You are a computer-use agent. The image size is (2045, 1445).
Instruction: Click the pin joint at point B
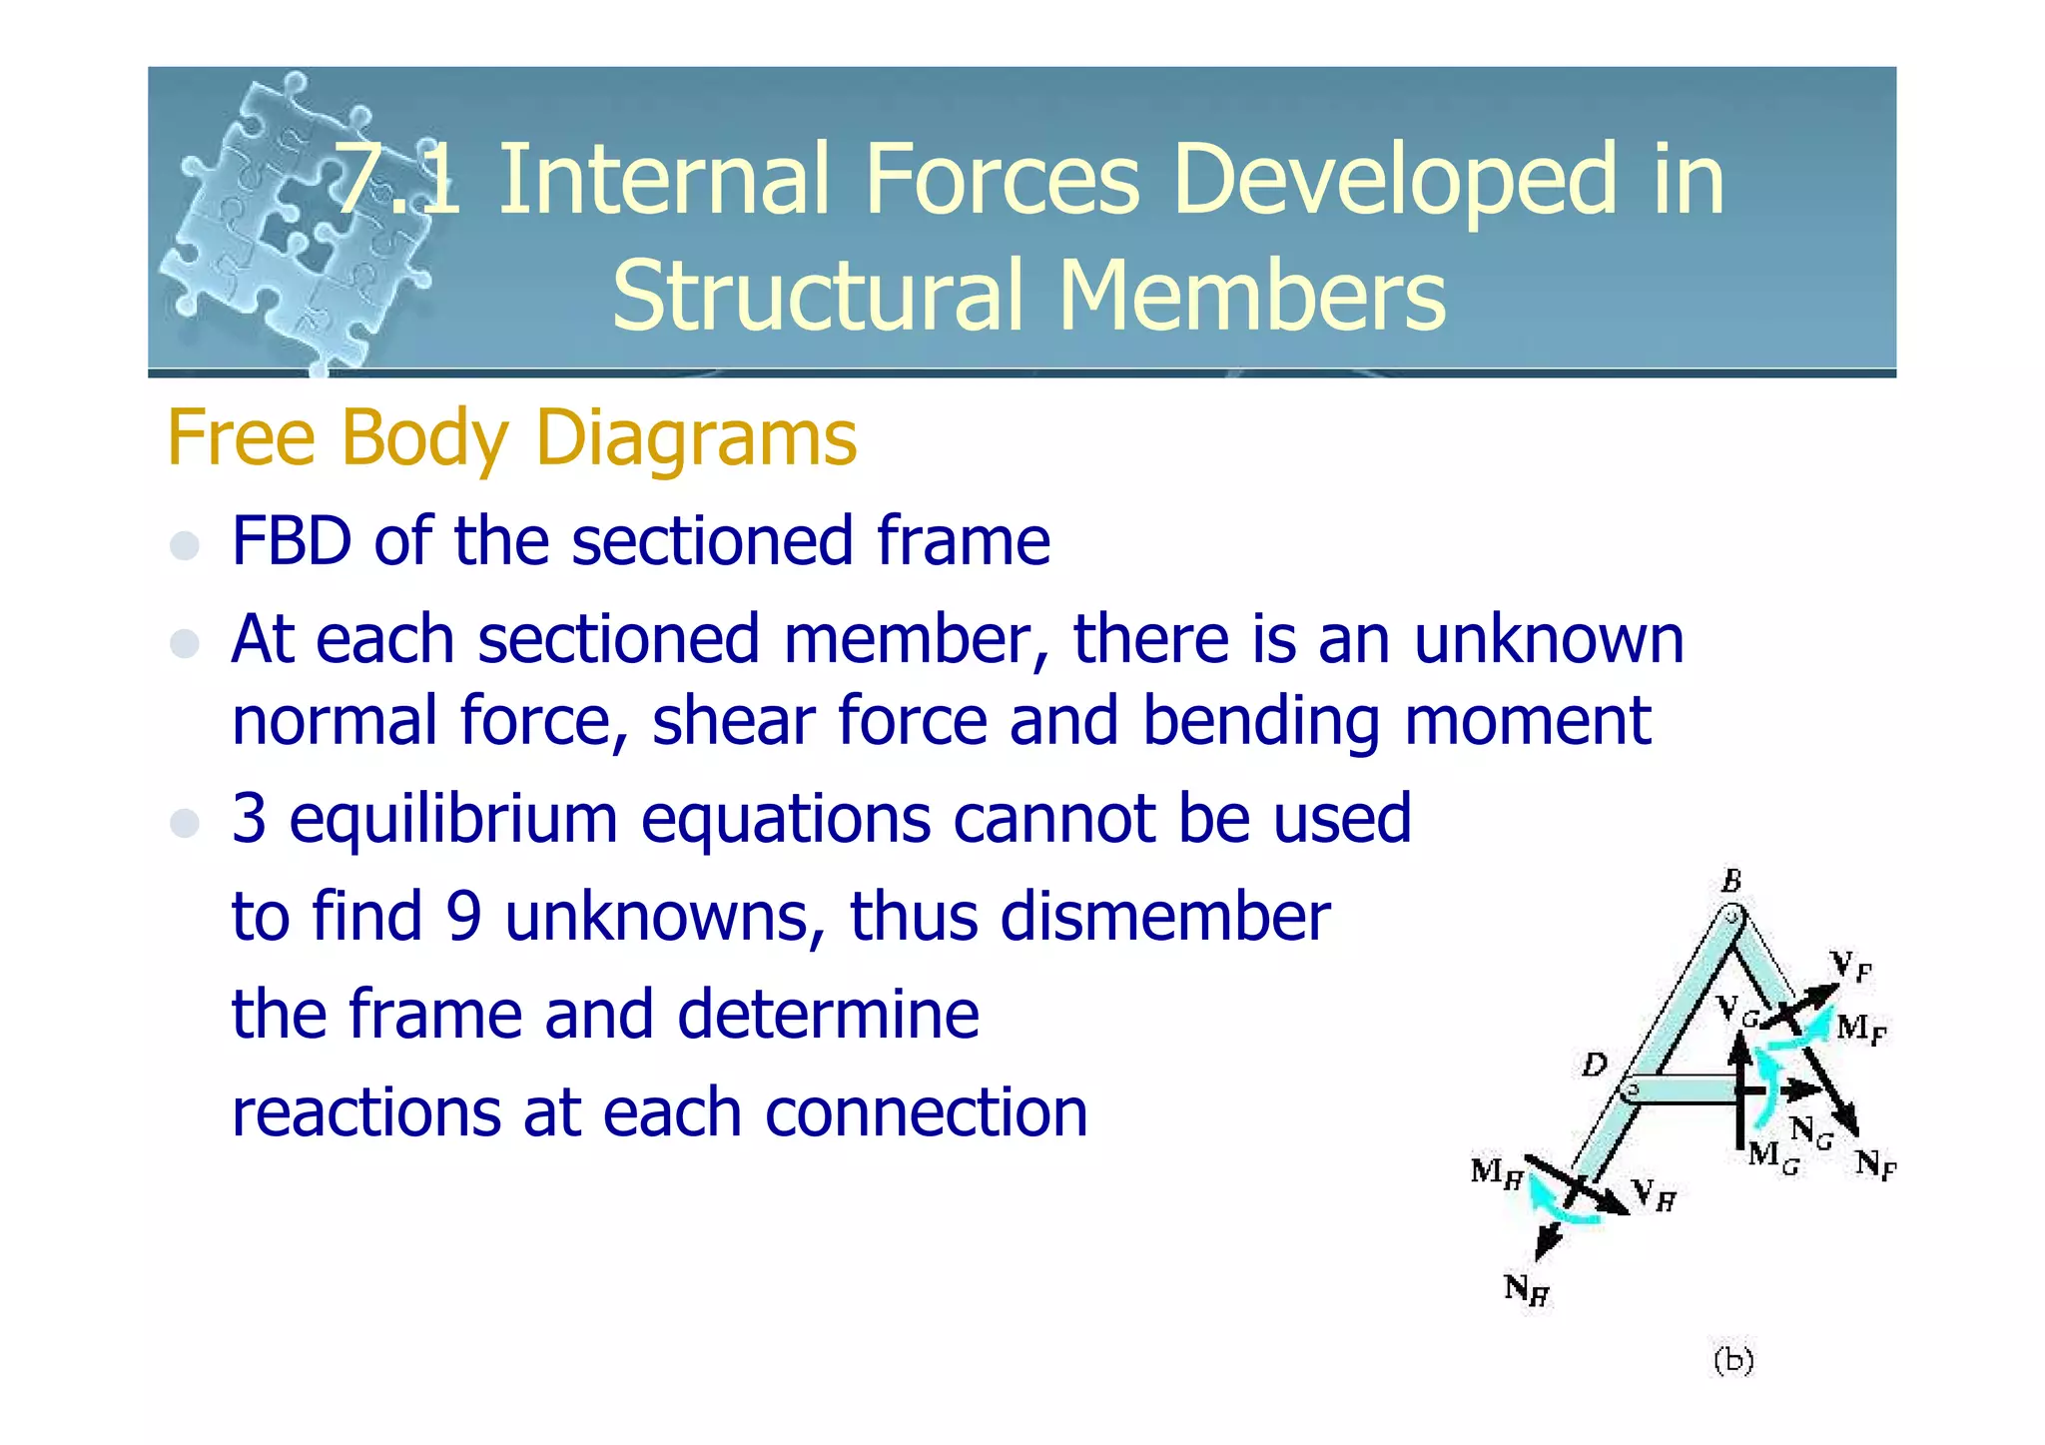click(x=1732, y=915)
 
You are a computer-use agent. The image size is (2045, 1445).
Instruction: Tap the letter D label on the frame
click(x=1595, y=1066)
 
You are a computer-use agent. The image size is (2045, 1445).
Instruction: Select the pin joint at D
click(x=1631, y=1089)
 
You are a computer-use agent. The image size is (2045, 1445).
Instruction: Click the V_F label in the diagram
click(x=1850, y=966)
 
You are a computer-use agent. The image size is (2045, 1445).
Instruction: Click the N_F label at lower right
click(x=1875, y=1164)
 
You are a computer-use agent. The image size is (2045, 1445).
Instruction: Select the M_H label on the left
click(x=1496, y=1172)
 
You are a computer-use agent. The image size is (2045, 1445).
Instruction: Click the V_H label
click(x=1654, y=1194)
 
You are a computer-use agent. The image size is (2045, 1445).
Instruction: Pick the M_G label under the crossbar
click(x=1773, y=1157)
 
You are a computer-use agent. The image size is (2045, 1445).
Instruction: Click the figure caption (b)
click(x=1733, y=1360)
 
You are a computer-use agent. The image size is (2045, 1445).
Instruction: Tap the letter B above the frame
click(x=1731, y=881)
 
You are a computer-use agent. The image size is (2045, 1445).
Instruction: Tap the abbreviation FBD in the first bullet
click(x=292, y=541)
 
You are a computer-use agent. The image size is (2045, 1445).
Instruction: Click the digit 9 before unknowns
click(x=463, y=917)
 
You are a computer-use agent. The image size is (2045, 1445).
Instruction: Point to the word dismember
click(x=1164, y=917)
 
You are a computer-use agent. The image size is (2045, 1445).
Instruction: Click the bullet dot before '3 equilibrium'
click(x=185, y=823)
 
